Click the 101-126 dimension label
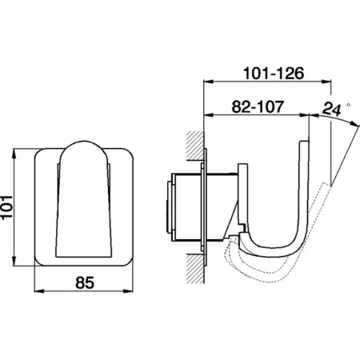pyautogui.click(x=274, y=73)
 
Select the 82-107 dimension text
pyautogui.click(x=258, y=106)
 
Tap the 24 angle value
pyautogui.click(x=331, y=110)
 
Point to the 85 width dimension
pyautogui.click(x=85, y=282)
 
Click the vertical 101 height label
pyautogui.click(x=6, y=207)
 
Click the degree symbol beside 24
pyautogui.click(x=348, y=105)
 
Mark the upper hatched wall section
pyautogui.click(x=195, y=146)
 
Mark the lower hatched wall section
pyautogui.click(x=195, y=269)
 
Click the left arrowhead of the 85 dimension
pyautogui.click(x=39, y=291)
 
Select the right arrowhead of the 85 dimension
pyautogui.click(x=129, y=291)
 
